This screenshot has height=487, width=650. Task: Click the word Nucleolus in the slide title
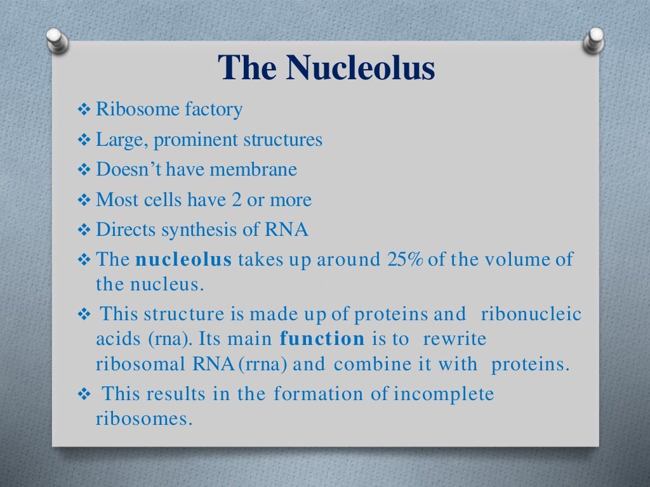(361, 68)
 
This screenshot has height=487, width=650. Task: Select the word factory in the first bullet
(213, 110)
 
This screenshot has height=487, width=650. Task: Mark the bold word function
(322, 339)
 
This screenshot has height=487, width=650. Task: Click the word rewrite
(454, 339)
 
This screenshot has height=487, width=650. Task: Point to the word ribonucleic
(532, 315)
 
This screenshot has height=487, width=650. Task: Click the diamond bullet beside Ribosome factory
(84, 110)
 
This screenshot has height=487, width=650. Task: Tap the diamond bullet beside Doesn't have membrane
(84, 171)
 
